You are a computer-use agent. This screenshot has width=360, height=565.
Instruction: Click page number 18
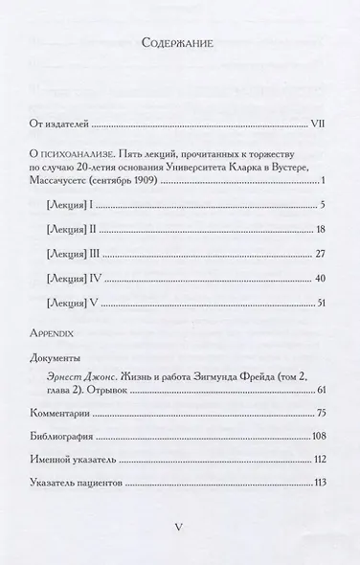coord(323,230)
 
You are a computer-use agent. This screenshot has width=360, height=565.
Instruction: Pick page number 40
coord(323,278)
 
